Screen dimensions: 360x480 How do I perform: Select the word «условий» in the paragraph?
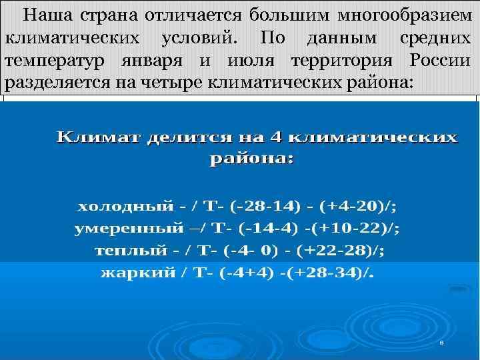[198, 37]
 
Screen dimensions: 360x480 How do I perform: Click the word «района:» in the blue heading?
[251, 159]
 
